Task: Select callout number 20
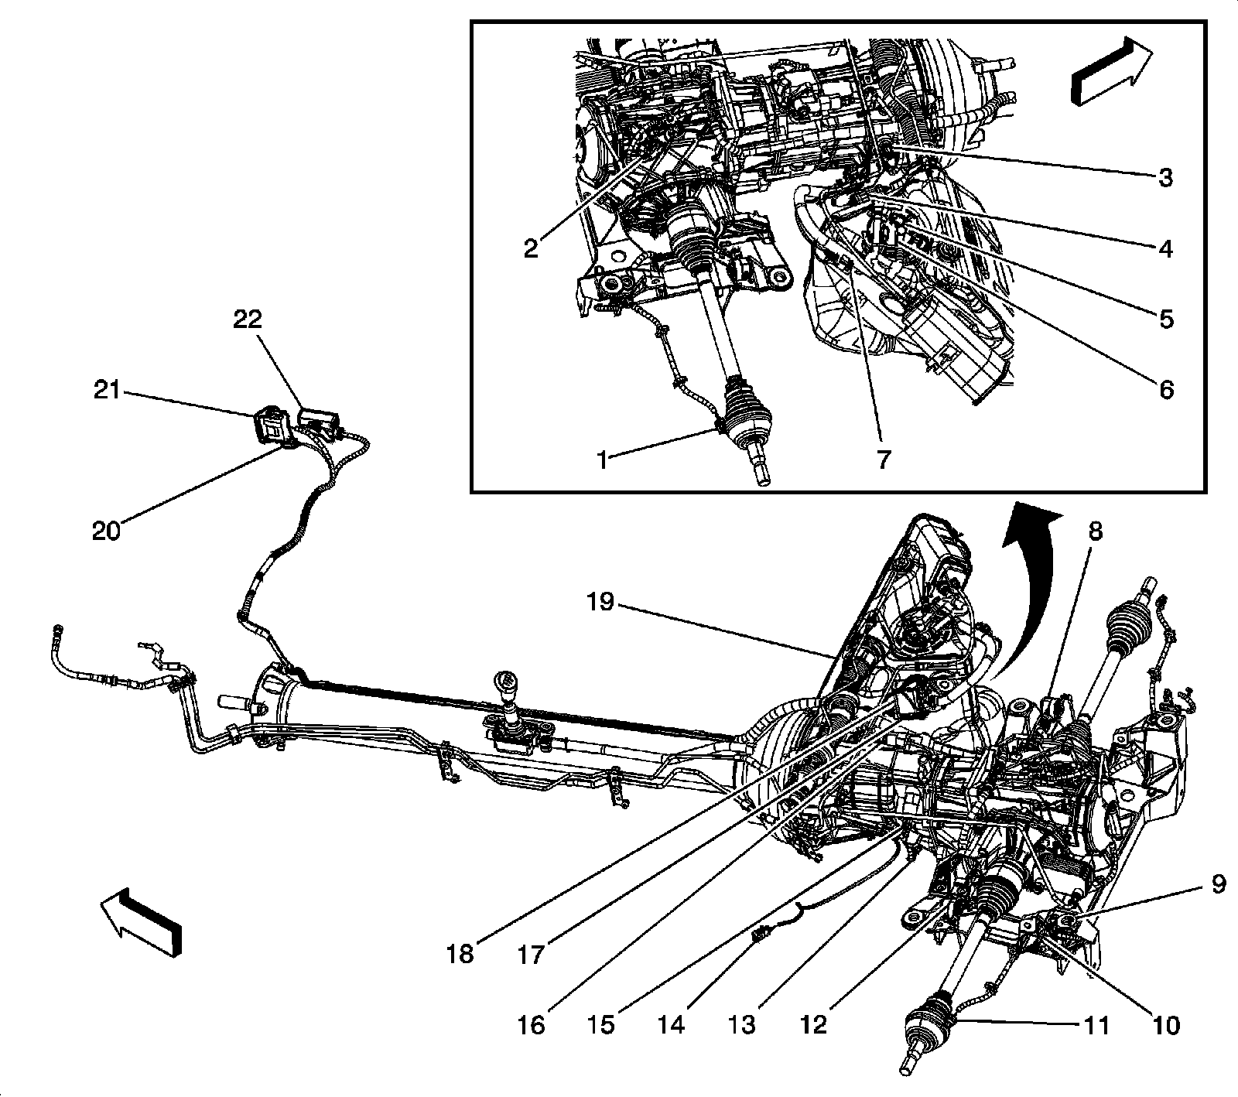coord(107,531)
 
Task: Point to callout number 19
coord(600,603)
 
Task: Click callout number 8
coord(1095,531)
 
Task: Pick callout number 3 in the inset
coord(1165,177)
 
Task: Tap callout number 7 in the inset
coord(883,458)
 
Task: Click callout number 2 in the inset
coord(531,249)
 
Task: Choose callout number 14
coord(672,1026)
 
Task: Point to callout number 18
coord(460,955)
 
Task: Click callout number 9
coord(1219,884)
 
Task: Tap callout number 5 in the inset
coord(1165,319)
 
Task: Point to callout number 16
coord(532,1026)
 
